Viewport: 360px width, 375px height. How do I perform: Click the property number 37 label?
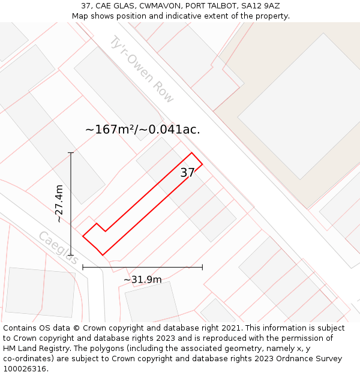click(x=187, y=173)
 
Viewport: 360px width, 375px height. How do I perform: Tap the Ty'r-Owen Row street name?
click(x=142, y=69)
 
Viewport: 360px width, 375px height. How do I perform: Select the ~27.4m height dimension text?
click(x=59, y=203)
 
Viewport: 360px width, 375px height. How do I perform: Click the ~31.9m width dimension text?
click(x=142, y=280)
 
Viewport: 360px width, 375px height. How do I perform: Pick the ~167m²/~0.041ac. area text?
click(x=142, y=129)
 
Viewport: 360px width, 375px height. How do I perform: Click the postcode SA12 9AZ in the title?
click(x=260, y=6)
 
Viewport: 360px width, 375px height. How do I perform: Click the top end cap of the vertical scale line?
click(x=71, y=153)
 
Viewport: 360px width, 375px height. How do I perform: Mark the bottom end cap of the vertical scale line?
click(x=71, y=255)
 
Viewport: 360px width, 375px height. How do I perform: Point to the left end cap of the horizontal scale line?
click(x=83, y=267)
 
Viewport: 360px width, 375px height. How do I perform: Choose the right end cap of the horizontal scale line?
click(x=202, y=267)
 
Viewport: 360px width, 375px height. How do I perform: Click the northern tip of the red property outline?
click(x=192, y=153)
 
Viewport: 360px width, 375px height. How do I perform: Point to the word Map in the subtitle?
click(x=80, y=16)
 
